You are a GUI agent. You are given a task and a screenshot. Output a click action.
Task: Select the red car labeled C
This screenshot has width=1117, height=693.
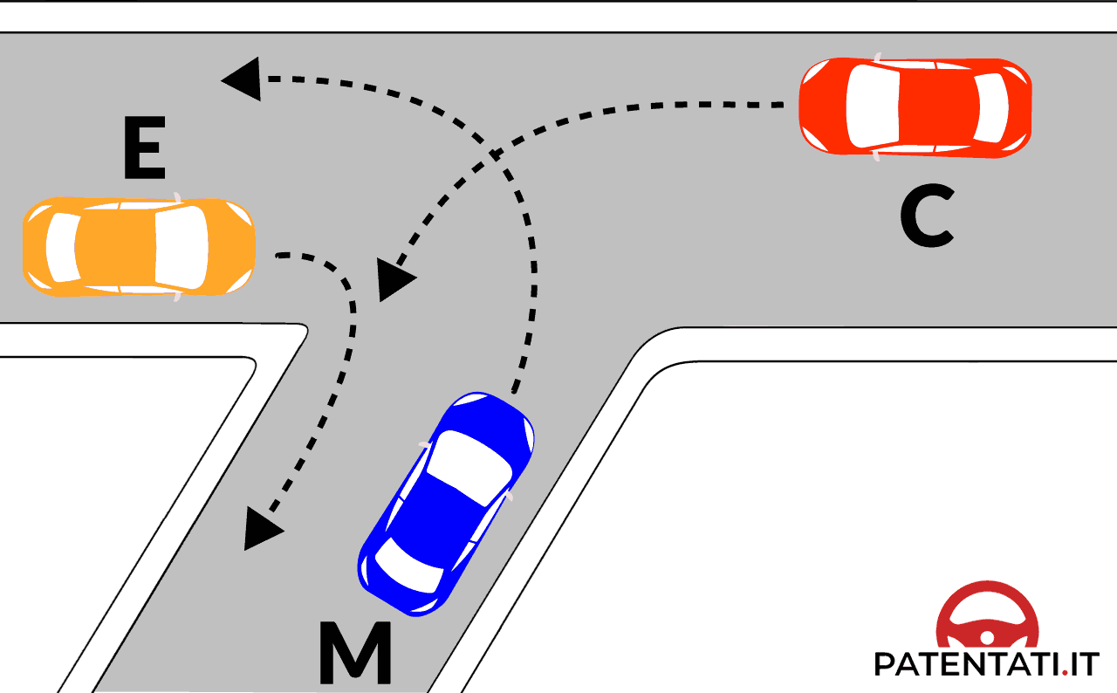tap(915, 106)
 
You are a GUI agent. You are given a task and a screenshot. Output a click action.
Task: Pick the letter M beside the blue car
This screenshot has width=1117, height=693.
tap(354, 653)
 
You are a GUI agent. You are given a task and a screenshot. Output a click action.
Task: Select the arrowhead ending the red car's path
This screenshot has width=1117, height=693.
tap(394, 279)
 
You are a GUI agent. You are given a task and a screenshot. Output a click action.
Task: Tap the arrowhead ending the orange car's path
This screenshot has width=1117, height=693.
tap(261, 529)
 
